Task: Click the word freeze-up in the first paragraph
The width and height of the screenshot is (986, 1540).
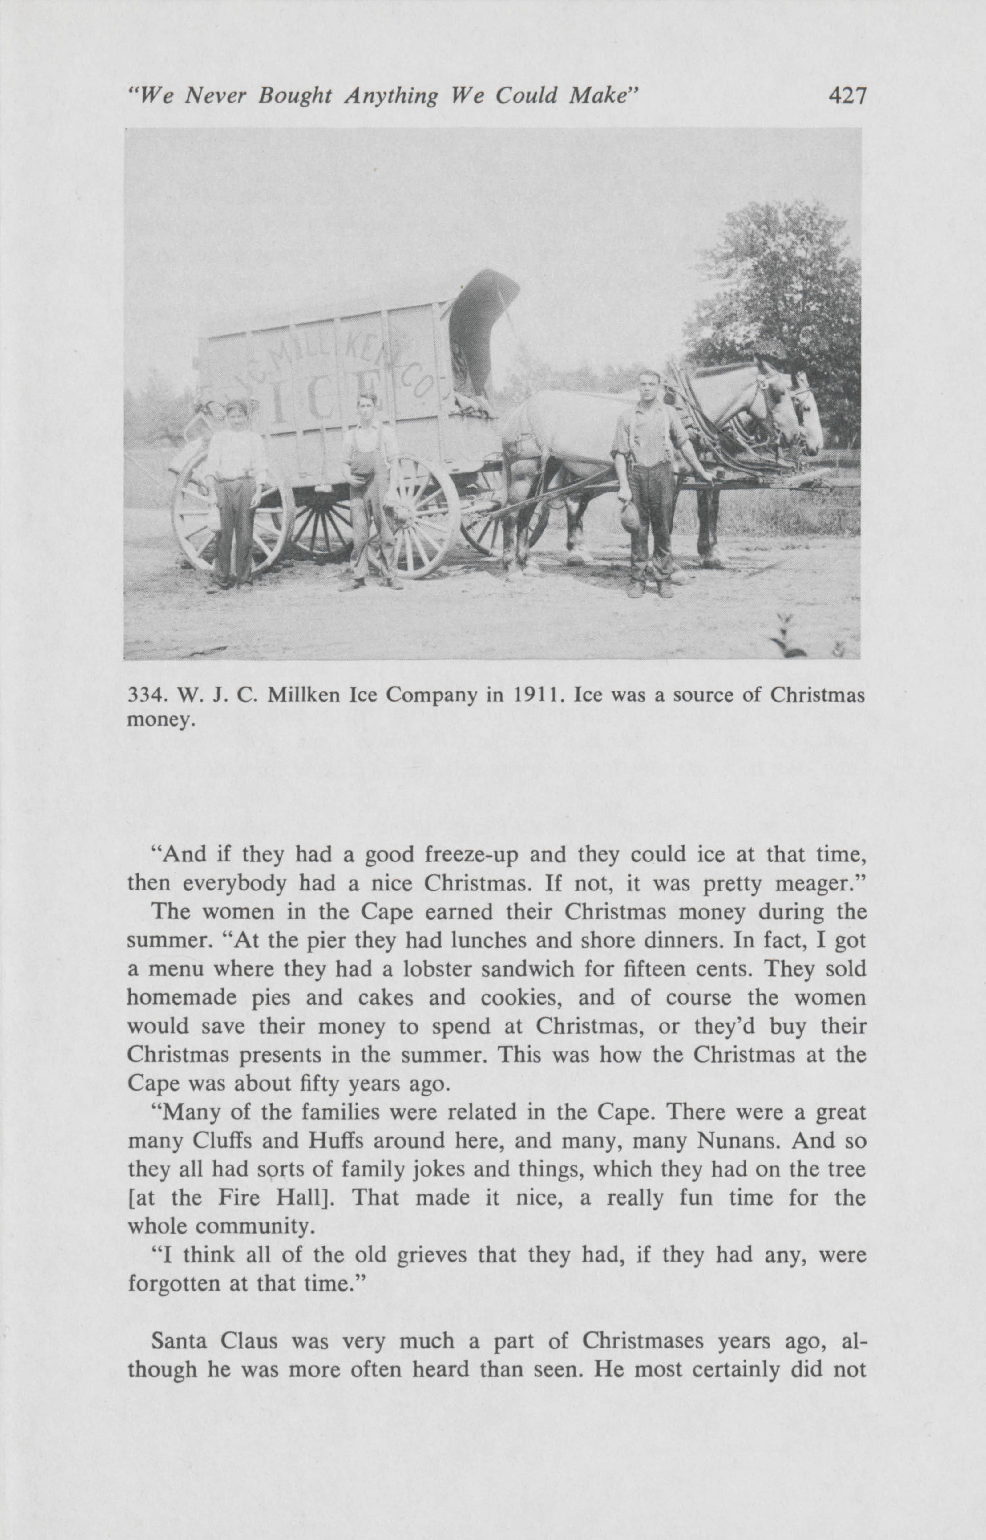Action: point(471,855)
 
